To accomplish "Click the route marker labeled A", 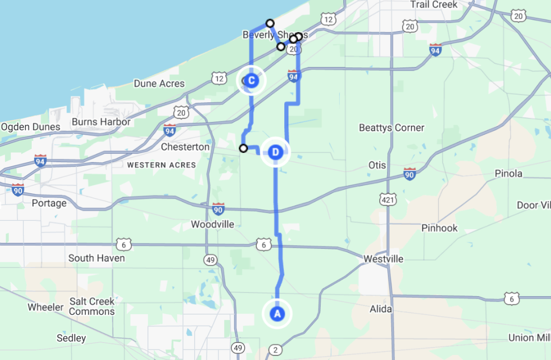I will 277,314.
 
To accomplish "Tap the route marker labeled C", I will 251,81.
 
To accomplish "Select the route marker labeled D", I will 275,152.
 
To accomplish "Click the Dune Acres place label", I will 159,84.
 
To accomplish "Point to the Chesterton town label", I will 185,147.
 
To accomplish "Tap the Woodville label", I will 212,225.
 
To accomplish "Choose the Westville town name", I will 383,259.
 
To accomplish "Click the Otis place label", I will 377,165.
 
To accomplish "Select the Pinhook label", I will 439,228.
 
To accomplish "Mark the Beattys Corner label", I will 391,128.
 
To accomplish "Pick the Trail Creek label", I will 434,5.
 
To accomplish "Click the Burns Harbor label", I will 101,122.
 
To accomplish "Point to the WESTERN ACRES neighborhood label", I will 161,165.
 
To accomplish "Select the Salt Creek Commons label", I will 92,306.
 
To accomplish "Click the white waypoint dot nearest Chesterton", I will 243,148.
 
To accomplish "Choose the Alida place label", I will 381,309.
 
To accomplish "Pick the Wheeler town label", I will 45,307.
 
